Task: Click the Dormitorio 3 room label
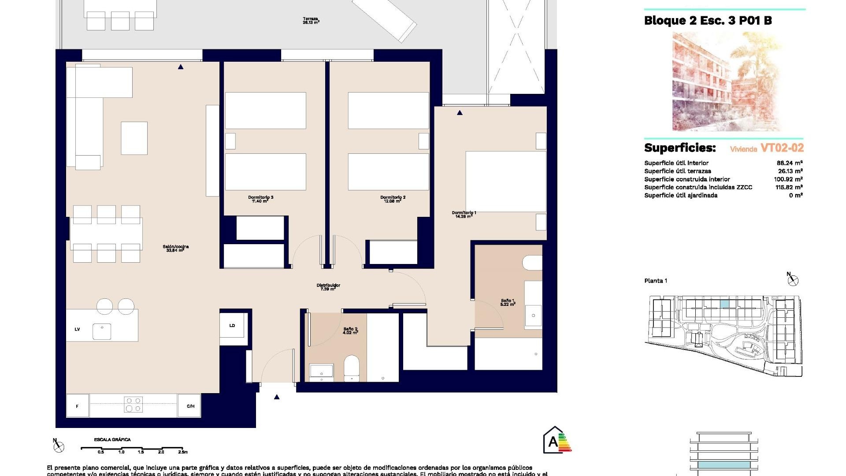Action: click(260, 199)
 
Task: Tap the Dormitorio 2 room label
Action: click(393, 199)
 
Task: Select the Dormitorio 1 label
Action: click(464, 215)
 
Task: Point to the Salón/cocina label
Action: click(175, 249)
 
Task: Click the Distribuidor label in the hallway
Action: click(328, 287)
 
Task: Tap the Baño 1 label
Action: click(508, 302)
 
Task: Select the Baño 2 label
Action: click(350, 331)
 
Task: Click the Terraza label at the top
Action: click(311, 20)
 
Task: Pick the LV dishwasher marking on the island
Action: click(77, 329)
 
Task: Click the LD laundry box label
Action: click(232, 326)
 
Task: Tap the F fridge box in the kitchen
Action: click(77, 406)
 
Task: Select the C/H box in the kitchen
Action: click(190, 406)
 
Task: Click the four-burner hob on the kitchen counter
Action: click(133, 405)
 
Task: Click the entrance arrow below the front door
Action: click(277, 397)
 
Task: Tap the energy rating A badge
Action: click(557, 440)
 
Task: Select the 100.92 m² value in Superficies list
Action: click(788, 179)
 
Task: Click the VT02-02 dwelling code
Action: click(782, 148)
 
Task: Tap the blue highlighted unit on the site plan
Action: click(724, 304)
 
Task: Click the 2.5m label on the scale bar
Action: click(182, 452)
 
